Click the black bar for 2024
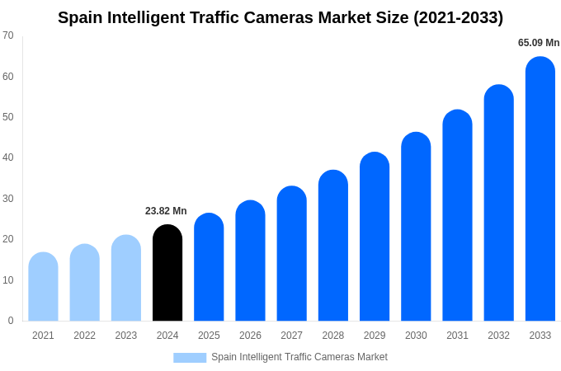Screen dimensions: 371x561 (x=167, y=273)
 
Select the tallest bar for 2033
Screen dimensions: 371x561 (x=540, y=189)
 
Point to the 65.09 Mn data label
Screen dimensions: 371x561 (x=539, y=43)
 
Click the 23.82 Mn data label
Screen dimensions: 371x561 (x=166, y=211)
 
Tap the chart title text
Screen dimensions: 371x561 (x=280, y=17)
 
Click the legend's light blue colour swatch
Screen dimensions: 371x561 (x=190, y=357)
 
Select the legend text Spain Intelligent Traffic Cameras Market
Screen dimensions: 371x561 (x=299, y=357)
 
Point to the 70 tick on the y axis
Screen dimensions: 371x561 (x=8, y=35)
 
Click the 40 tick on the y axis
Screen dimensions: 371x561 (x=8, y=157)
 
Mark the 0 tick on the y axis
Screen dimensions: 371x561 (x=11, y=321)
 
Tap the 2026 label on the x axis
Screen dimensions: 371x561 (x=250, y=336)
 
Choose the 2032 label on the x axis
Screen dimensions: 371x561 (x=498, y=336)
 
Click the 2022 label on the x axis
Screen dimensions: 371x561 (x=84, y=336)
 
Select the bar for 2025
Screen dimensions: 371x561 (x=209, y=267)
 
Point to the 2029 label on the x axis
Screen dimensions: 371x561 (x=375, y=336)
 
